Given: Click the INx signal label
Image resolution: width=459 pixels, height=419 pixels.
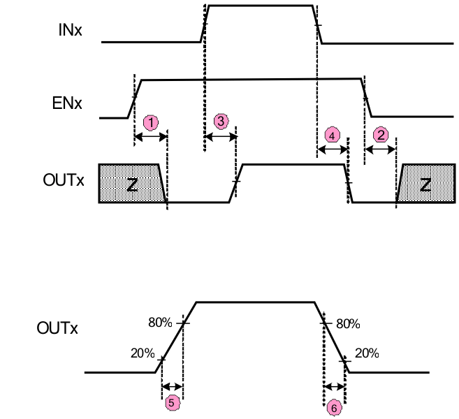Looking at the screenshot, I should pos(72,30).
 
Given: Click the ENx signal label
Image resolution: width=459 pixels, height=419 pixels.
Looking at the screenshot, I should pos(68,104).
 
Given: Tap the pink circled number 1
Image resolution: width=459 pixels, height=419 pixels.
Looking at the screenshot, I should pos(150,122).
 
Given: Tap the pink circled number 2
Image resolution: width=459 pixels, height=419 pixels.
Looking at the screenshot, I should pos(381,134).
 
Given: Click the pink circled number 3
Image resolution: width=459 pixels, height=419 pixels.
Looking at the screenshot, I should pos(220,122).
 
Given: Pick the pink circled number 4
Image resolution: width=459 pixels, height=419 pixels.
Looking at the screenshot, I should pos(333,135).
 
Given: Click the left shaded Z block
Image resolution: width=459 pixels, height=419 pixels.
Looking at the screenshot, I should pos(130,184).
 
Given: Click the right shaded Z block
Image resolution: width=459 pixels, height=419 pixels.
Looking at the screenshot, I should pos(425,184).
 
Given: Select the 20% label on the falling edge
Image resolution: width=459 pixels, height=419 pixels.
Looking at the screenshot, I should pos(367,353).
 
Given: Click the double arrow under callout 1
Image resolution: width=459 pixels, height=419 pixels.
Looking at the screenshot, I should pos(150,138).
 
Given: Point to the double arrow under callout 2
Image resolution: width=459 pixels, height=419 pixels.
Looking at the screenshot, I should pos(381,149).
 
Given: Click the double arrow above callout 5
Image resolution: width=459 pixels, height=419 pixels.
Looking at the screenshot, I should pos(171,386).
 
